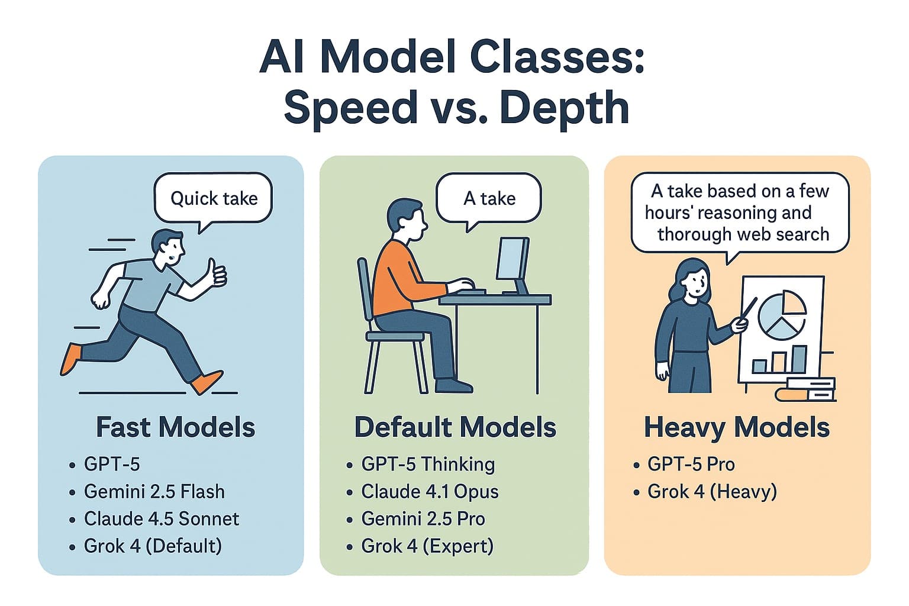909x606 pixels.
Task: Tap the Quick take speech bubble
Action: [213, 198]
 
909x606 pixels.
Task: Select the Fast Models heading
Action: [175, 427]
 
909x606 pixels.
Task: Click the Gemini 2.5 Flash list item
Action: [154, 491]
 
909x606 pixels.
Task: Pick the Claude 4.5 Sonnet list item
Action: [161, 518]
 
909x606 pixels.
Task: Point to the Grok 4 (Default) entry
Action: [153, 546]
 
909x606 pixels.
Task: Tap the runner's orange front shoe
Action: [207, 382]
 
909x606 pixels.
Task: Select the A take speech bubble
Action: [489, 198]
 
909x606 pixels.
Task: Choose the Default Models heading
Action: [455, 427]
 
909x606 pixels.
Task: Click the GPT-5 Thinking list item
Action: [428, 464]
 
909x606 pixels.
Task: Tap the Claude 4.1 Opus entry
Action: [430, 491]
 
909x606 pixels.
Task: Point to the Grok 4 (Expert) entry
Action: [427, 546]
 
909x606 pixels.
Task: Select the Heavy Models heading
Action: [737, 427]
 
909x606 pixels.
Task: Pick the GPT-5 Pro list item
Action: [691, 464]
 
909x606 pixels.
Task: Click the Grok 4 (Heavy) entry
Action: [712, 491]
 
